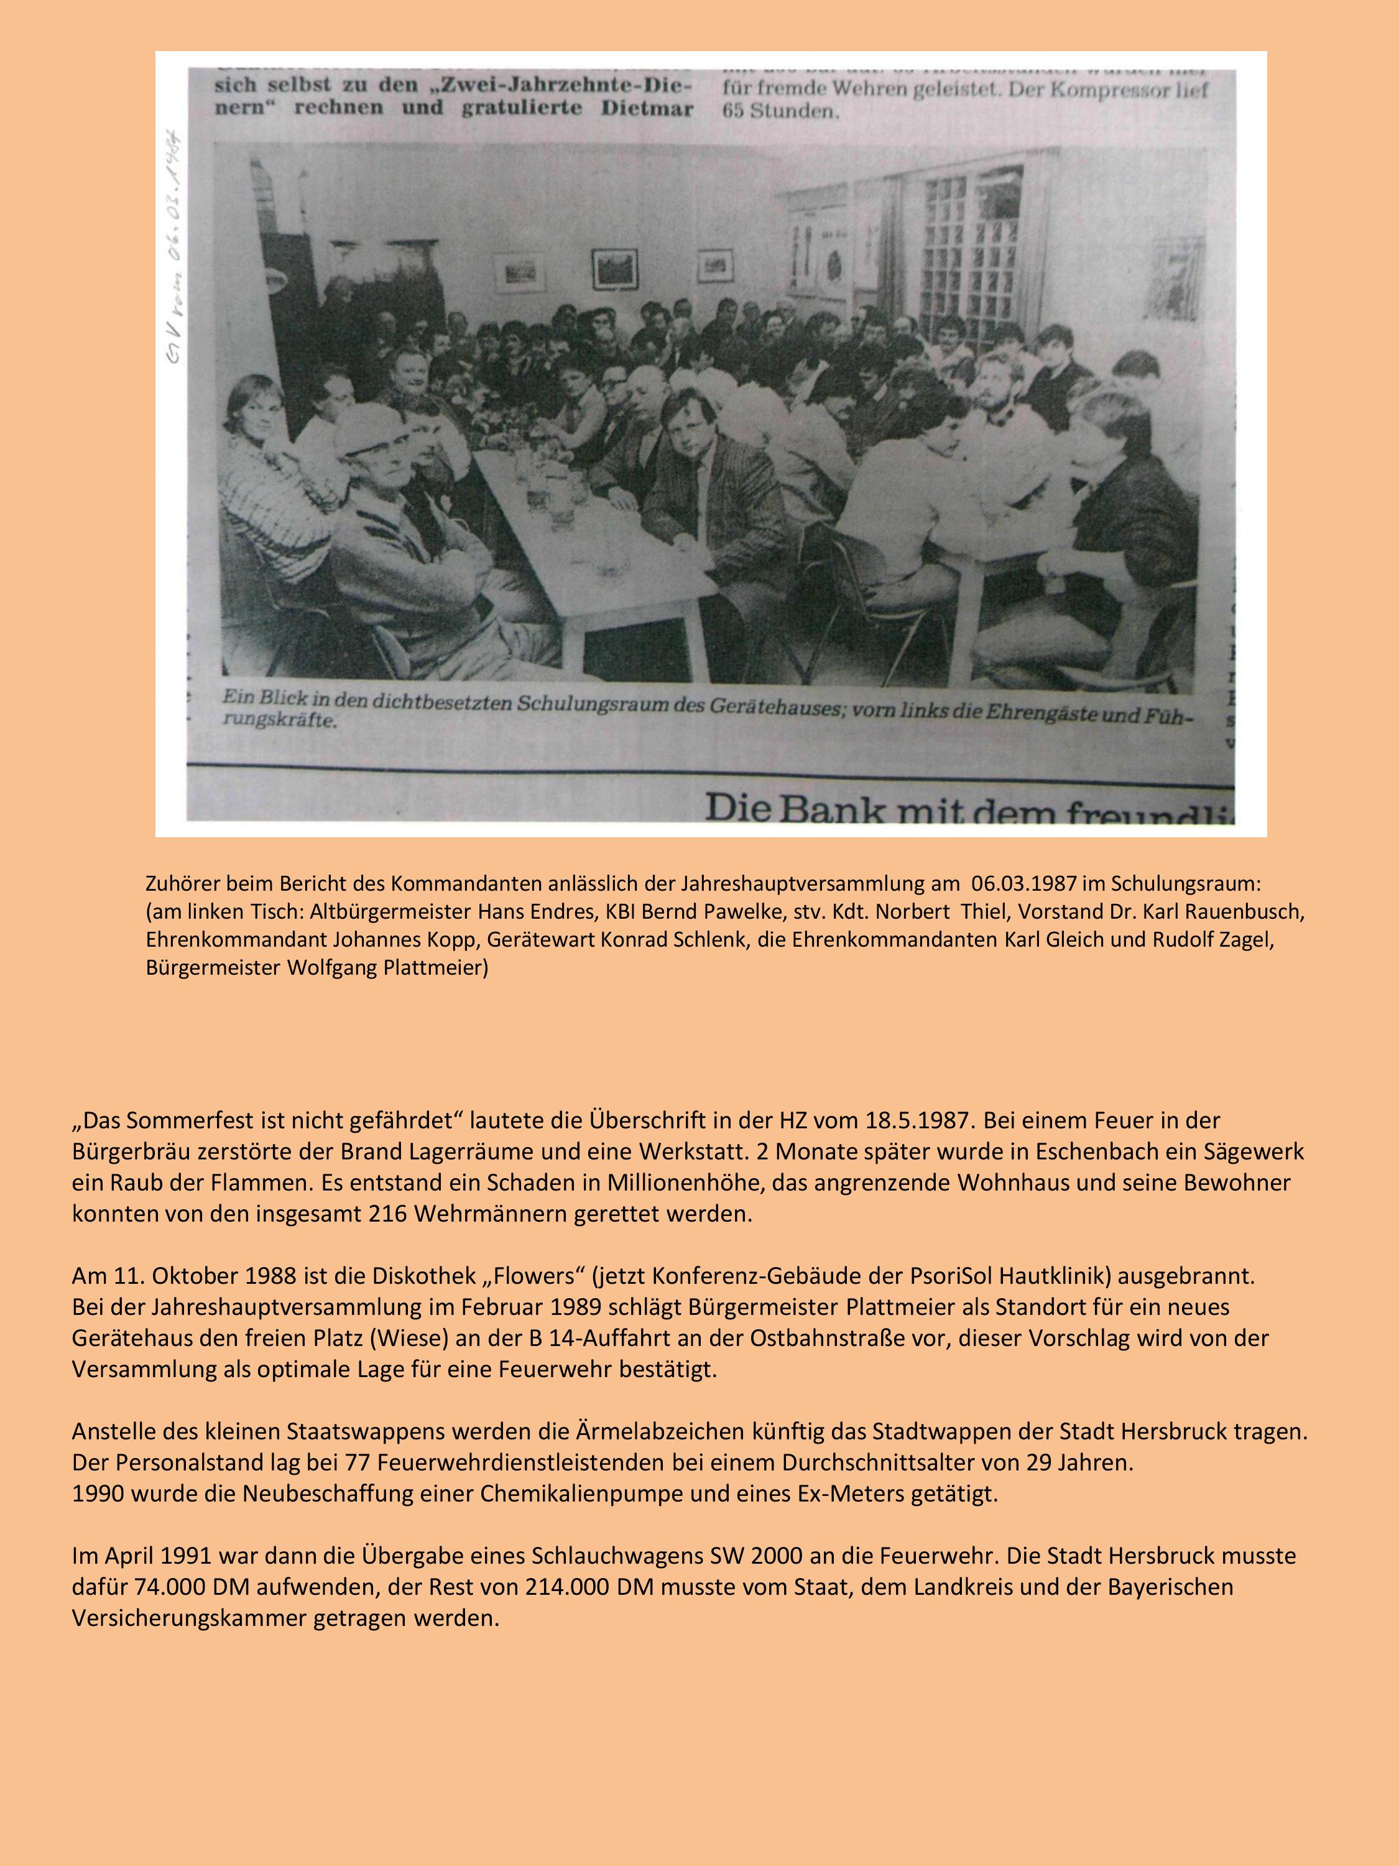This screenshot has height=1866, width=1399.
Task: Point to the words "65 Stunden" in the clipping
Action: (780, 112)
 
